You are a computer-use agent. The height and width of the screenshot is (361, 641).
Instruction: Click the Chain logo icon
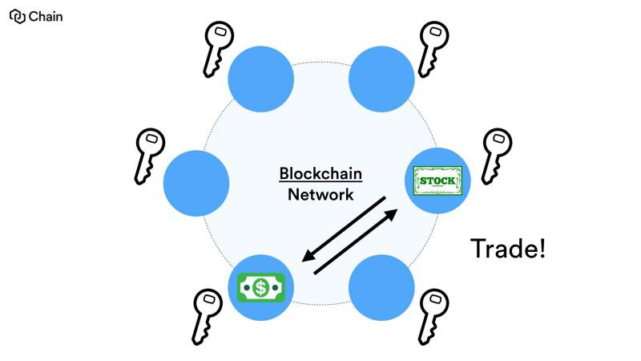tap(17, 16)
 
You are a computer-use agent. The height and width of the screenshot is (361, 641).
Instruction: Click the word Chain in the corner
tap(46, 16)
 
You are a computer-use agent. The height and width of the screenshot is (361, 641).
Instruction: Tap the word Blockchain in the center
tap(320, 174)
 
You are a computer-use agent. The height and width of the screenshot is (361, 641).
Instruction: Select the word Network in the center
tap(320, 194)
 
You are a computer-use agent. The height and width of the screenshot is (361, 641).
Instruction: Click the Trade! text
tap(507, 248)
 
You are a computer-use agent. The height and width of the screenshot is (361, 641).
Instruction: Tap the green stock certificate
tap(437, 180)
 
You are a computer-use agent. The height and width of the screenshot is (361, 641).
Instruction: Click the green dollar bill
tap(260, 286)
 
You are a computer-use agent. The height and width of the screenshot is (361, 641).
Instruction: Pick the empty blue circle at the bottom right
tap(381, 286)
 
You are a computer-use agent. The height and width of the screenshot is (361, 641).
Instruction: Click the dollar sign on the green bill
tap(260, 286)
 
